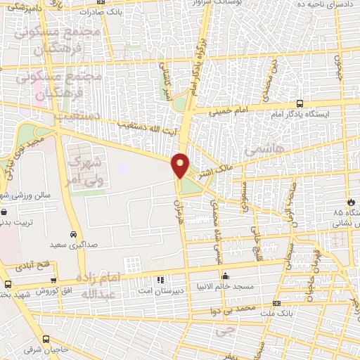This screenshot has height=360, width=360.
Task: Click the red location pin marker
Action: pos(181,165)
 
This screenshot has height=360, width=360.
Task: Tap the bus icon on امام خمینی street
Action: pos(300,103)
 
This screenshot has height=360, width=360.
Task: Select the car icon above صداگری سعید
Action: pos(73,234)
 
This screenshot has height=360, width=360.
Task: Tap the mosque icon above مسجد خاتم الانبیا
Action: pos(224,276)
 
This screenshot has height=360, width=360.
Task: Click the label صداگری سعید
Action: pos(68,246)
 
